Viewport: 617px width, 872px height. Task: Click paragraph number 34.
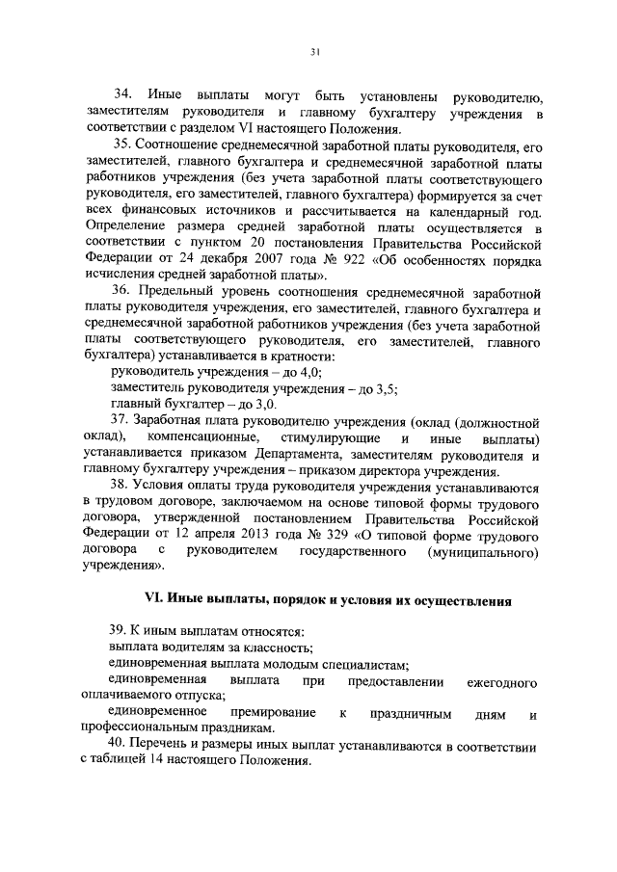pyautogui.click(x=122, y=95)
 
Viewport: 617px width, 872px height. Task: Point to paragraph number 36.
pyautogui.click(x=122, y=290)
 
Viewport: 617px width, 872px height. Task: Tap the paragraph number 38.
pyautogui.click(x=122, y=485)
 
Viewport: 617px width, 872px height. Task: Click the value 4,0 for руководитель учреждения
pyautogui.click(x=309, y=371)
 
